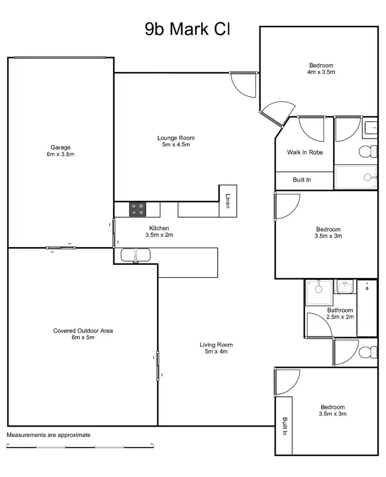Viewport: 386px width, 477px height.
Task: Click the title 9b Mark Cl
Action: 187,29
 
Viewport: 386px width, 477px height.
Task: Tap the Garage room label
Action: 60,151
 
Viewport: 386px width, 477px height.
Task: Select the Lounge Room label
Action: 176,141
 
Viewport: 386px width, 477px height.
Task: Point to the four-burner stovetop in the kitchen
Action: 137,209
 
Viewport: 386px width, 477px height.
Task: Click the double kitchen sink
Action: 135,254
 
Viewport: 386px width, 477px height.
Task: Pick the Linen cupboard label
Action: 228,200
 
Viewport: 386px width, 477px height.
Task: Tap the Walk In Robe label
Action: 305,152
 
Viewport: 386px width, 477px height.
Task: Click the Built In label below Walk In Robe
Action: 302,180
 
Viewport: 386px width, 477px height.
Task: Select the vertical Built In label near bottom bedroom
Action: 284,426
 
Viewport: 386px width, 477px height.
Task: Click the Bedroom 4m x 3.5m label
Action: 321,69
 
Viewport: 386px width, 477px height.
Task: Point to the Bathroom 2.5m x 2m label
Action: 340,314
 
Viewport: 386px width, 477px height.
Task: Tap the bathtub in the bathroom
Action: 367,308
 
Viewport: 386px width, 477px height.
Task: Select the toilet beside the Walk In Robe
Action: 365,151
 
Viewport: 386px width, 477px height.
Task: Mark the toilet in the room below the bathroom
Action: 366,352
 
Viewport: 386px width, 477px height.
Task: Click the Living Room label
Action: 216,348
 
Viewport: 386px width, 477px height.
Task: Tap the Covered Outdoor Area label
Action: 83,334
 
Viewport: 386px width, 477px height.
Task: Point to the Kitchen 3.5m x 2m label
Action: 159,232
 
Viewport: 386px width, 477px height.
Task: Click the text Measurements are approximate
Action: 48,435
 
